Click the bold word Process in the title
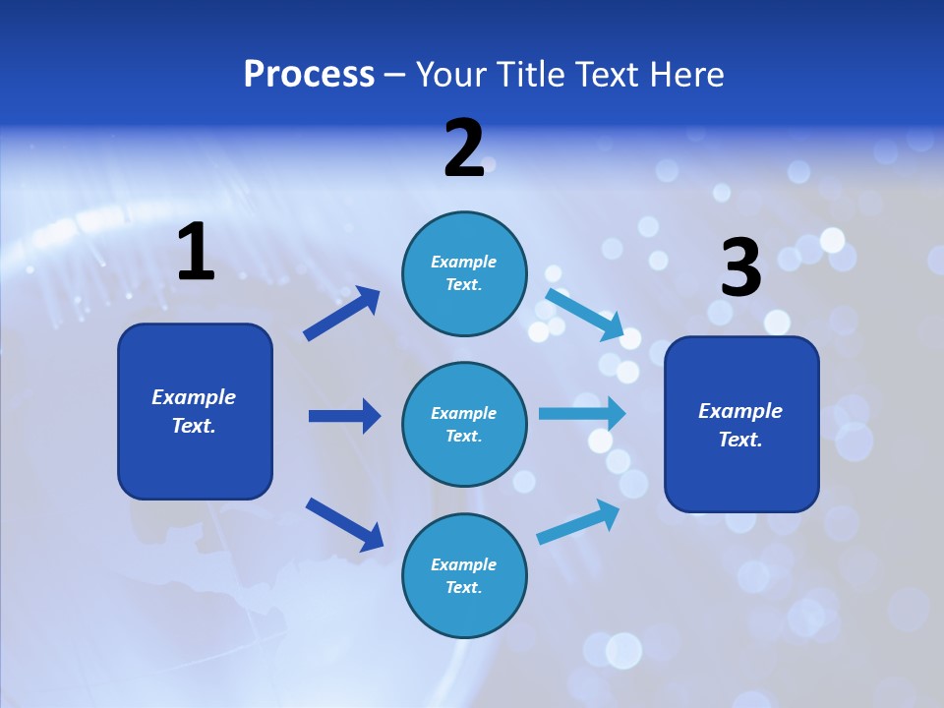(309, 74)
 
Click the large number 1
(196, 253)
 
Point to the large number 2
(464, 148)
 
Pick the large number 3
(740, 268)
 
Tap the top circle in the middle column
(464, 273)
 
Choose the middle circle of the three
(464, 424)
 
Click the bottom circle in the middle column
(464, 575)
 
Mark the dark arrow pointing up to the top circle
(342, 313)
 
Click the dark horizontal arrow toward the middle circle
(344, 416)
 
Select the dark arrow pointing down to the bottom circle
(344, 523)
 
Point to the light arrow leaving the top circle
(585, 314)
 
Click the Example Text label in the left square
(194, 411)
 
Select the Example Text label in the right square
(740, 425)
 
